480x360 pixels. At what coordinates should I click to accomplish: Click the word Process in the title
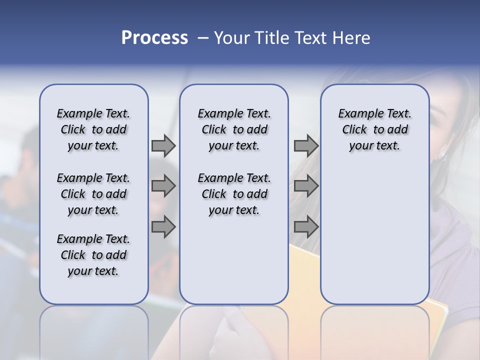tap(154, 38)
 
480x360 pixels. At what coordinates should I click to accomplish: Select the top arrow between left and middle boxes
tap(163, 145)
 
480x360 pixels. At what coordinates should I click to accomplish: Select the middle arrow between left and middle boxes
tap(163, 186)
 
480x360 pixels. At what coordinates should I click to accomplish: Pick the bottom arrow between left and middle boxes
tap(163, 227)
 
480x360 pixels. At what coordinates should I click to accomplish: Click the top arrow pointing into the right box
tap(306, 145)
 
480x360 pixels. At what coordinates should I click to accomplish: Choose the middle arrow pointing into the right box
tap(306, 186)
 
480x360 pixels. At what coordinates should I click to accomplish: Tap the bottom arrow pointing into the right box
tap(306, 227)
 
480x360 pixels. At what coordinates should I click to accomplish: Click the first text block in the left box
tap(93, 129)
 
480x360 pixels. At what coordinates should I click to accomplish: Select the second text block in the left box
tap(93, 194)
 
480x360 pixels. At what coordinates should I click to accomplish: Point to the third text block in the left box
tap(93, 255)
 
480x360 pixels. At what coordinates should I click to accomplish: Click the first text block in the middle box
tap(234, 129)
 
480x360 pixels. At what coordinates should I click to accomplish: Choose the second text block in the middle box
tap(234, 194)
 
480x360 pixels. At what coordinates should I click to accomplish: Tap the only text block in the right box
tap(374, 129)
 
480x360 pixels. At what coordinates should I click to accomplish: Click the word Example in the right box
tap(357, 114)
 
